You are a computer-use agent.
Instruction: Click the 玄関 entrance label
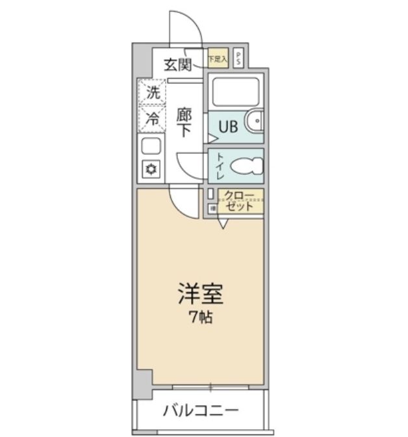(x=177, y=64)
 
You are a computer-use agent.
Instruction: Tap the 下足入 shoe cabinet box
(x=218, y=59)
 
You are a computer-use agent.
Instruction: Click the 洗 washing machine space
(x=151, y=93)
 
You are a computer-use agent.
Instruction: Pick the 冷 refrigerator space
(x=151, y=118)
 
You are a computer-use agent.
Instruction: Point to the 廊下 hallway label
(x=184, y=122)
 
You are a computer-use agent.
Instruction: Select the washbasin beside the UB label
(x=255, y=122)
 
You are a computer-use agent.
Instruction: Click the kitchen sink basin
(x=151, y=146)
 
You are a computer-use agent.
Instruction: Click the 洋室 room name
(x=201, y=295)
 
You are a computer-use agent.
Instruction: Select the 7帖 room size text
(x=201, y=318)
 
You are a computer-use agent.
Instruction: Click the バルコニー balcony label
(x=201, y=411)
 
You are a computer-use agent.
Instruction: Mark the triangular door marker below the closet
(x=223, y=224)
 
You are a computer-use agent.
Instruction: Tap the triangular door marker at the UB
(x=211, y=138)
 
